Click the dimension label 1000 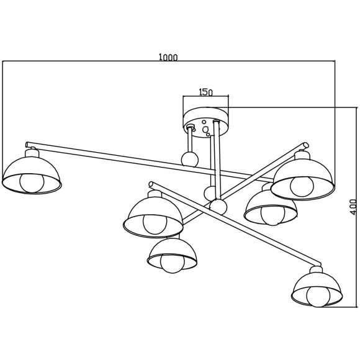(168, 57)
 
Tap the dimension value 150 (205, 92)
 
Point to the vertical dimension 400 (354, 207)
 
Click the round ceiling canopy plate (206, 122)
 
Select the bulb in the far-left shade (32, 182)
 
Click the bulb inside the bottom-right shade (318, 296)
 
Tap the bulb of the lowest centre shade (173, 263)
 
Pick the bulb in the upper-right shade (302, 186)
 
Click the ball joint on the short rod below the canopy (190, 160)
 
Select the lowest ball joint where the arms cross (218, 207)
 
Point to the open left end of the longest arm (27, 145)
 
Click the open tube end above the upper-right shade (306, 145)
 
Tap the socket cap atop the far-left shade (32, 153)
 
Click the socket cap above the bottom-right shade (317, 269)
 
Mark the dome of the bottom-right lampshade (317, 282)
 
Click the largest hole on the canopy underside (205, 130)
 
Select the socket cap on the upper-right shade (302, 155)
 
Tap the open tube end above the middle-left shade (151, 184)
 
